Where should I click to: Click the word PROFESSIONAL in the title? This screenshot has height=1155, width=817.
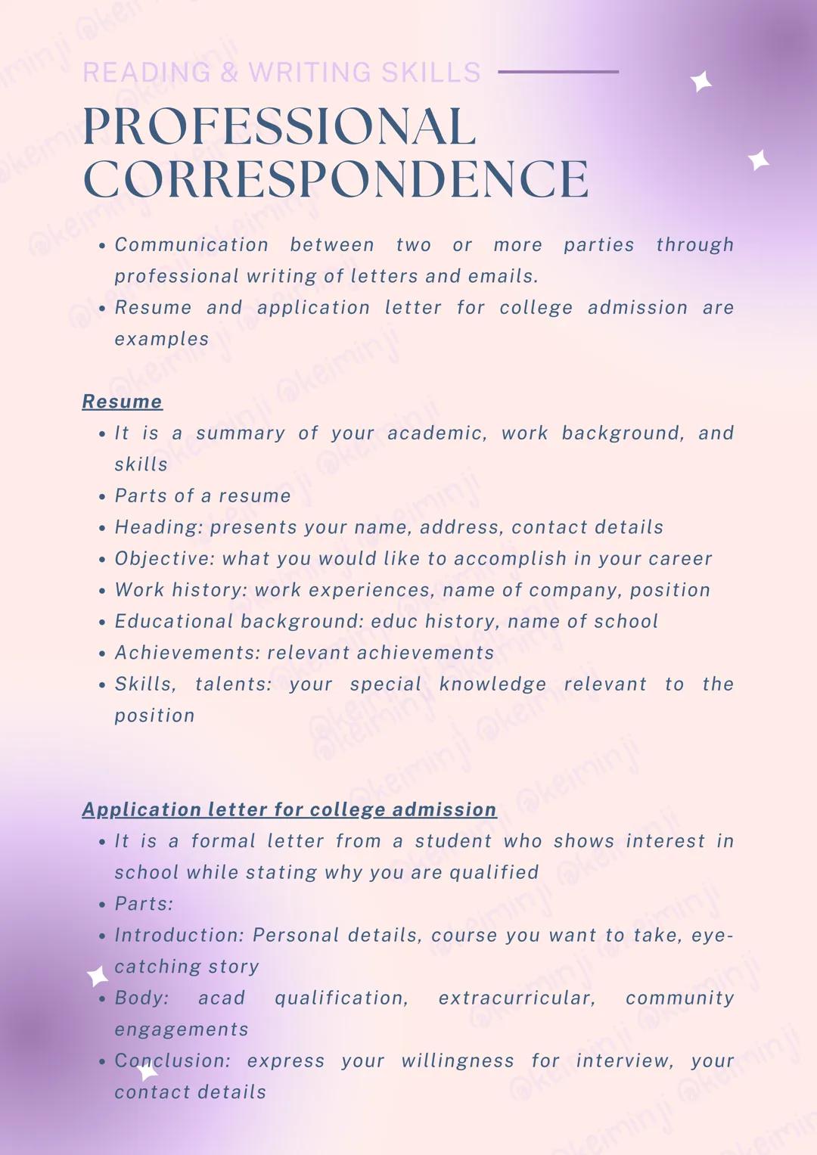tap(279, 126)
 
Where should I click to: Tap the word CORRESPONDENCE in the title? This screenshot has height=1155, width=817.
tap(336, 179)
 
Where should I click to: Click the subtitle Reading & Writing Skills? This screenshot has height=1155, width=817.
tap(281, 73)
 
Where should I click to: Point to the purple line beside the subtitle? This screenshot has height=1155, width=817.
tap(558, 72)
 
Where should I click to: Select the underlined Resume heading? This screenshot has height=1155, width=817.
tap(122, 402)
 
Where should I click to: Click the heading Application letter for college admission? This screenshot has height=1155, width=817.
tap(289, 809)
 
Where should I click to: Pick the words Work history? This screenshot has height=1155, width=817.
tap(181, 590)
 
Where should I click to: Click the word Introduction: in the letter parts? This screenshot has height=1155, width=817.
tap(179, 936)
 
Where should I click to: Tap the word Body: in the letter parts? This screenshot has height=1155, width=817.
tap(141, 998)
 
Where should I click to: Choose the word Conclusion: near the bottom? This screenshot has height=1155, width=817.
tap(172, 1061)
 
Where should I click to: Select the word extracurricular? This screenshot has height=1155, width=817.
tap(517, 998)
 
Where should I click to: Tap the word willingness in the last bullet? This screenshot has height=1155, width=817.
tap(458, 1061)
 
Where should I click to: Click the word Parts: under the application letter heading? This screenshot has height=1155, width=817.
tap(144, 904)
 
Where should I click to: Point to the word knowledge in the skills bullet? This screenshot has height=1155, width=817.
tap(492, 685)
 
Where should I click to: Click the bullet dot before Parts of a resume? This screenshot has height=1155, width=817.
tap(102, 497)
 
